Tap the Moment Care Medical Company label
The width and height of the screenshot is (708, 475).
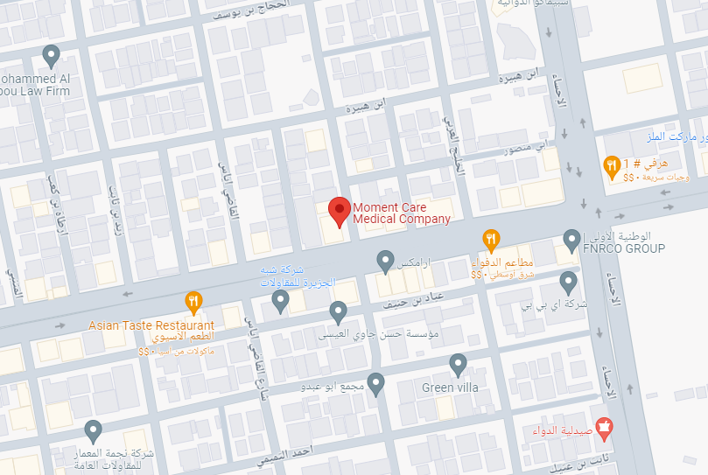(x=401, y=213)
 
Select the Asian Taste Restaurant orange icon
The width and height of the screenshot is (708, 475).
(x=193, y=302)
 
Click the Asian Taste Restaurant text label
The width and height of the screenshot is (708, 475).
(x=151, y=325)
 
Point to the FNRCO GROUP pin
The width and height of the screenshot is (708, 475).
(x=571, y=237)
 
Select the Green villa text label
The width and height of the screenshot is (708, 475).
(x=451, y=387)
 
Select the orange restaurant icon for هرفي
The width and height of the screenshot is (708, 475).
(x=613, y=164)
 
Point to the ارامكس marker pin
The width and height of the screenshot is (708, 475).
(x=384, y=259)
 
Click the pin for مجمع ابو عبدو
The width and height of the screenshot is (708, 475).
(x=376, y=383)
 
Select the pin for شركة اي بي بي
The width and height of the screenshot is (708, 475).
(x=568, y=282)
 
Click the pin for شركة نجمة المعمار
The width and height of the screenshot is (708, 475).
(x=93, y=430)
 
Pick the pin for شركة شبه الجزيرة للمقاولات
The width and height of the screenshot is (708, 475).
(x=280, y=301)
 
